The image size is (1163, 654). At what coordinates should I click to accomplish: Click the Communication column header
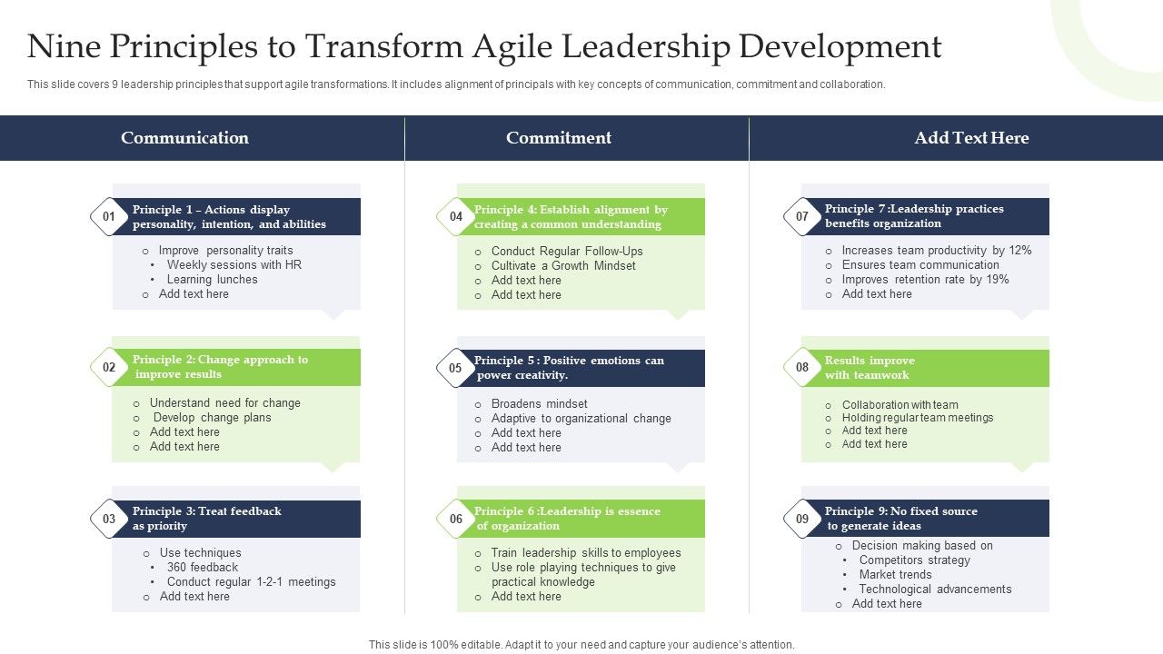[184, 138]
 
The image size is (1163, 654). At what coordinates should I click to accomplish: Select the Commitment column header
[559, 138]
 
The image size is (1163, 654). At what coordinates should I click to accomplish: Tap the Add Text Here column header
[971, 138]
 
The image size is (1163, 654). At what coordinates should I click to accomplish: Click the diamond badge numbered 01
[109, 217]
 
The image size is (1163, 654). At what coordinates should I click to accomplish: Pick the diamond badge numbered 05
[456, 368]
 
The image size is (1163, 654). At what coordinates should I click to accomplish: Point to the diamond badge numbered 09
[802, 519]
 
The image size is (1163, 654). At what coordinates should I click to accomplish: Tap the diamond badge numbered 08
[802, 368]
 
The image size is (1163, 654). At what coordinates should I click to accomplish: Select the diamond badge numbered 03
[109, 519]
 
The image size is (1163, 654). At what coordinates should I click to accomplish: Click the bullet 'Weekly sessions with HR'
[234, 265]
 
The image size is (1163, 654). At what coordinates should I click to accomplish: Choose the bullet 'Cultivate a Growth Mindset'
[563, 266]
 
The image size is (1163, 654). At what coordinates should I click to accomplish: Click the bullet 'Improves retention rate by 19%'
[925, 280]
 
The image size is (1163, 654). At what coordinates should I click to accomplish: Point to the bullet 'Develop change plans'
[212, 418]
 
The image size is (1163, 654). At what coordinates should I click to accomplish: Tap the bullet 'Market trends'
[895, 575]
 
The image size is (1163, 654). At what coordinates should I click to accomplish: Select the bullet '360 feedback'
[203, 568]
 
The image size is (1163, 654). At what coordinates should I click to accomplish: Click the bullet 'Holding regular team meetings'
[918, 418]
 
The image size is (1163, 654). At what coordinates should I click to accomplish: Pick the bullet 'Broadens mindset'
[539, 404]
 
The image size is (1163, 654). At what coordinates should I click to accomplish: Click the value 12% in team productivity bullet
[1020, 251]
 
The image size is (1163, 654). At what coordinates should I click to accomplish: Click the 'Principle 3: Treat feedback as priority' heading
[207, 519]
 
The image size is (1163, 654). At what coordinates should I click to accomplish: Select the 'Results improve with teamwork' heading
[870, 368]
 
